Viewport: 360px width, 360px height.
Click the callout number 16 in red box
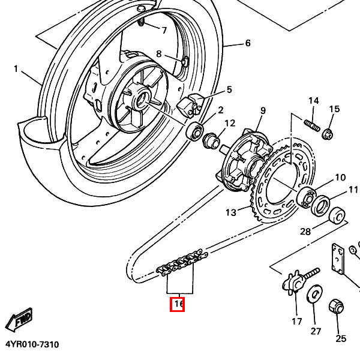pos(178,304)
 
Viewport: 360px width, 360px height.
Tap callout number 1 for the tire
pos(16,69)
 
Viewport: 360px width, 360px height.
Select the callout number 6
pos(247,43)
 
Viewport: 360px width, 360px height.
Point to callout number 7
pos(164,29)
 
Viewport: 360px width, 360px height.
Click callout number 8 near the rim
pos(159,54)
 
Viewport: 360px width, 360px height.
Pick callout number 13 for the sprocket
pos(231,212)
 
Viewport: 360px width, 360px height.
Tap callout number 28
pos(305,232)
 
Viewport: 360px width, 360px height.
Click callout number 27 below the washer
pos(316,331)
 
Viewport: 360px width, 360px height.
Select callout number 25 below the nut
pos(341,338)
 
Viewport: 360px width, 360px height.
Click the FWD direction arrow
pos(19,320)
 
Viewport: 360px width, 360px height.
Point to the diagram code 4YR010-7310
pos(32,345)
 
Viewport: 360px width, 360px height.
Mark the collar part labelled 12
pos(211,142)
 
